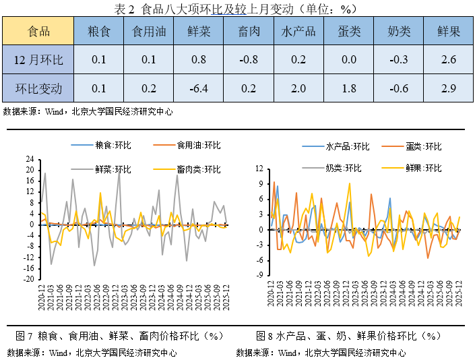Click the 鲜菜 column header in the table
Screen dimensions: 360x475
(x=198, y=32)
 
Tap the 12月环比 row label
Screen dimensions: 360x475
(x=38, y=60)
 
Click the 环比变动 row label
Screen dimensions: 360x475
(x=38, y=88)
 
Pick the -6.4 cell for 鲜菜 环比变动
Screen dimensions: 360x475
(x=198, y=88)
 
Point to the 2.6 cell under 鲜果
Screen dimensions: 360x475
(x=447, y=60)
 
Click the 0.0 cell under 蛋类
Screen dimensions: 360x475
(x=348, y=60)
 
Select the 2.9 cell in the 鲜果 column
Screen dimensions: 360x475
(x=447, y=88)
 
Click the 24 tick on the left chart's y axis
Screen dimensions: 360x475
(x=30, y=160)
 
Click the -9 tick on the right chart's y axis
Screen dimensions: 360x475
(x=260, y=275)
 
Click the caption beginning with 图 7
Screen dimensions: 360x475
(x=119, y=335)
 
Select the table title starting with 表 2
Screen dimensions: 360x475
(x=237, y=9)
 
